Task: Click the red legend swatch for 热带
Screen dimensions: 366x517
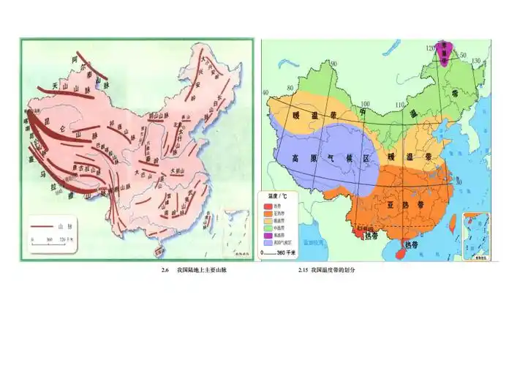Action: (x=270, y=205)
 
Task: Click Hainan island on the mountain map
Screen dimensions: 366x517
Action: (x=154, y=250)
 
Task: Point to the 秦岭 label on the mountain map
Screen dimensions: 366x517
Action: (x=154, y=158)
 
